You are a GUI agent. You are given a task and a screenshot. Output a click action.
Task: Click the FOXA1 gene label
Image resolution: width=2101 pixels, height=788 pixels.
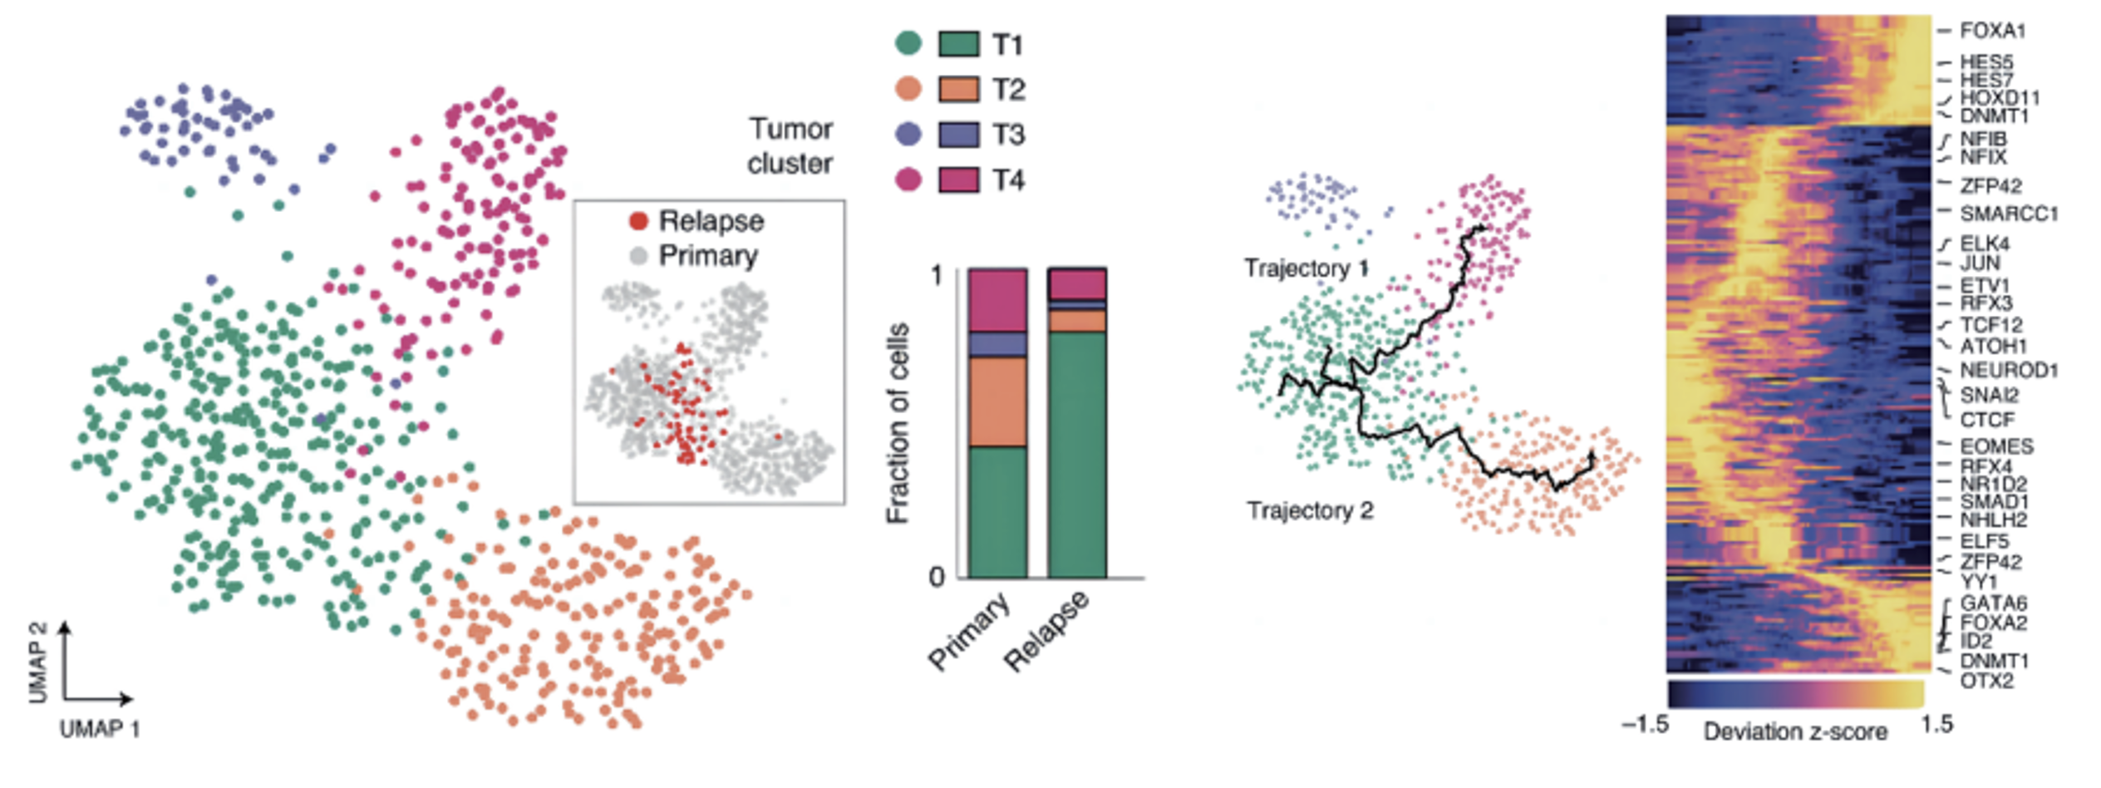(1992, 31)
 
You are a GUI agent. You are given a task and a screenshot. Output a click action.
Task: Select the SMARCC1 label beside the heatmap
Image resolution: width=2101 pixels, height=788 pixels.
(2009, 214)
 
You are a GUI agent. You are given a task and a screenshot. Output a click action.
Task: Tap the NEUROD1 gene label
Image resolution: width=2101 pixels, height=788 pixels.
(2009, 370)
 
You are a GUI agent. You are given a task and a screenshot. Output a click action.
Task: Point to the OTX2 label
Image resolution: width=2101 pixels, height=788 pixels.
(1987, 681)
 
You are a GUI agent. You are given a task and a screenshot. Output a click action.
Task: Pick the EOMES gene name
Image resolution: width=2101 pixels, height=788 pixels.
(1996, 446)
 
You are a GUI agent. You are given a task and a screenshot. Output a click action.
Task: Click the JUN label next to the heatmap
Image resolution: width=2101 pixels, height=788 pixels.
(1980, 263)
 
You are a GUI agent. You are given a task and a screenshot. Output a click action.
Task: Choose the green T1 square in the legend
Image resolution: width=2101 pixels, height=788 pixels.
(958, 44)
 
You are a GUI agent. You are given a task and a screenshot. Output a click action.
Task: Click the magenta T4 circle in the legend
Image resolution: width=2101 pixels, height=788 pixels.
(908, 180)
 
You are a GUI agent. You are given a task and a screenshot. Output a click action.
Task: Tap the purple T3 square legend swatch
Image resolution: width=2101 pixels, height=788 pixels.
(958, 135)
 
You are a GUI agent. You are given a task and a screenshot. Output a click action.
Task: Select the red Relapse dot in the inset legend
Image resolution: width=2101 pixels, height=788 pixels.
(638, 221)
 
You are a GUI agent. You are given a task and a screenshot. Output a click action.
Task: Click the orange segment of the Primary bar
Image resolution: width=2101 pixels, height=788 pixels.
(997, 402)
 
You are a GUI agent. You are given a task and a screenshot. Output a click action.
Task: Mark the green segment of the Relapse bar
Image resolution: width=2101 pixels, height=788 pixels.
(1077, 455)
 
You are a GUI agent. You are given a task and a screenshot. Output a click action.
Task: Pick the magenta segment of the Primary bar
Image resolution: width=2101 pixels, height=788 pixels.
(997, 300)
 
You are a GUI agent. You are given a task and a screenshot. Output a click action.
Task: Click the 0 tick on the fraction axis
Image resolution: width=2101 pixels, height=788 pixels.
(937, 577)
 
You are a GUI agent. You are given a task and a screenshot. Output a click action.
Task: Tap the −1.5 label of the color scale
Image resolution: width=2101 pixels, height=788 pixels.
(1645, 725)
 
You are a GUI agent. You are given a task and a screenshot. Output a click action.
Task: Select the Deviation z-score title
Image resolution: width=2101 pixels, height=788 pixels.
(1795, 732)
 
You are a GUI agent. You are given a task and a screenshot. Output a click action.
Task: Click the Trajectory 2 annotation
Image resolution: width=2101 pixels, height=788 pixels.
(1310, 510)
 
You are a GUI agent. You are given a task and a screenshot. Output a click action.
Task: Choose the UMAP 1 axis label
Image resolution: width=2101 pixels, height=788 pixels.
(100, 730)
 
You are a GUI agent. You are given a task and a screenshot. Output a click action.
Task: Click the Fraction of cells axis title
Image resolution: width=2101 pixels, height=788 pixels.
(898, 424)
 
